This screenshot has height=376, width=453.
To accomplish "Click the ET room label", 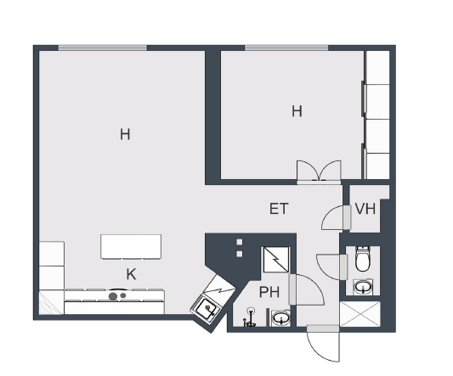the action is pos(279,209).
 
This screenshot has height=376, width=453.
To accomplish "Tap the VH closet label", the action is pos(365,209).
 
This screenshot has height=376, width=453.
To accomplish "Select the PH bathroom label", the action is pos(269,292).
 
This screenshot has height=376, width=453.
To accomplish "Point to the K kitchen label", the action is pos(131,274).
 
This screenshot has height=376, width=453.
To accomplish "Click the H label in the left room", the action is pos(125,134).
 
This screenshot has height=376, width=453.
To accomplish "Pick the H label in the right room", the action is pos(297,111).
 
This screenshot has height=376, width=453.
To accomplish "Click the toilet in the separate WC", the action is pos(363,259).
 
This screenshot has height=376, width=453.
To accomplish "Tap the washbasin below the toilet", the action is pos(363,287).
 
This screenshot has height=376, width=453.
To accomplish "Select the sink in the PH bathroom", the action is pos(280,318).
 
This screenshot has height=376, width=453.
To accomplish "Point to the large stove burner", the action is pos(113,296).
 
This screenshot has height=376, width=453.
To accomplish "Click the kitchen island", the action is pos(131,247).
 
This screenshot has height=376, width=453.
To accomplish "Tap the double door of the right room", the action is pos(320,171).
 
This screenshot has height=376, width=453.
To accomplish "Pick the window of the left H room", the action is pos(103,48).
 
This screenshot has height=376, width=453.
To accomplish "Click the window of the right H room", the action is pos(286,48).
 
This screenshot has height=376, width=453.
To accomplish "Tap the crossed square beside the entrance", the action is pos(360,314).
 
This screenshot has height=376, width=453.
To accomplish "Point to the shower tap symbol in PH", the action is pos(250,318).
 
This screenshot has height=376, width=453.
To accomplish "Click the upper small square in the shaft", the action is pos(240,242).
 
